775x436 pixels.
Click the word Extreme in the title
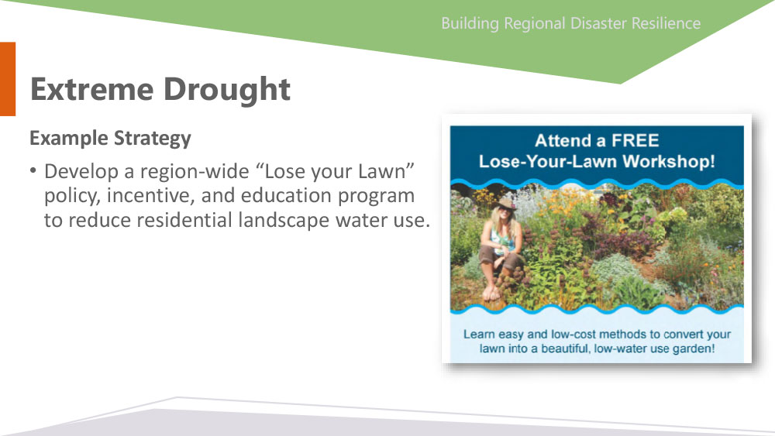pos(92,89)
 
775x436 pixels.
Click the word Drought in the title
pos(227,91)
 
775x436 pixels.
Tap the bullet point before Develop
pos(33,171)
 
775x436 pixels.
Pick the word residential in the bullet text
pos(184,220)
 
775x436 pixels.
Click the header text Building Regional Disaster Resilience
pos(571,24)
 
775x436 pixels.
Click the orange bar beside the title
pos(8,79)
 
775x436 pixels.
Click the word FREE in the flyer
pos(635,141)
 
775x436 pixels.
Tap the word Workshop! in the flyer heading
pos(669,162)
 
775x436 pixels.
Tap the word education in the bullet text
pos(287,195)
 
